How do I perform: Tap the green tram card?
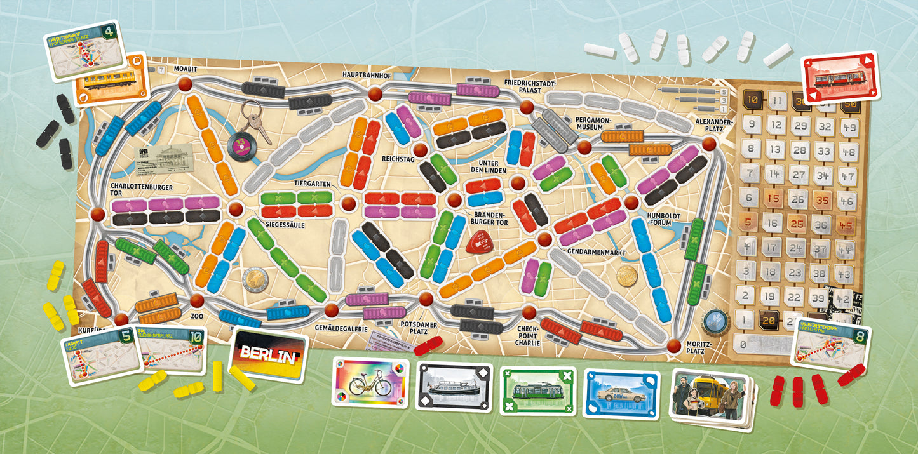pos(537,390)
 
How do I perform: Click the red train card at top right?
pos(839,76)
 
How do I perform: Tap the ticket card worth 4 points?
pos(84,53)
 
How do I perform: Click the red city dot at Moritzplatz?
pos(674,345)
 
